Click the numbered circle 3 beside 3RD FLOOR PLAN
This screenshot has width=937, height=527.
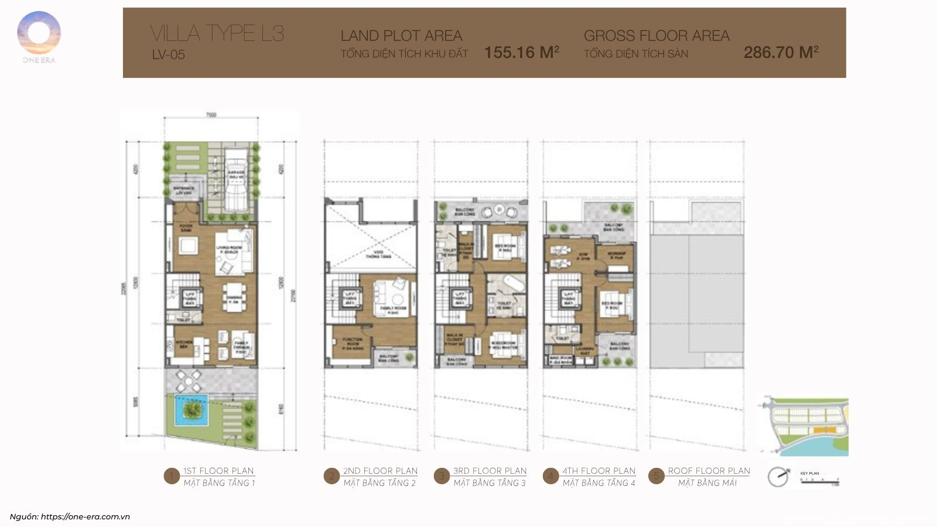point(442,476)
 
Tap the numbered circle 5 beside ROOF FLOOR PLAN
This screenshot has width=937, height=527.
point(656,476)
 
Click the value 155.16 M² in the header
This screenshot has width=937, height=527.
point(521,53)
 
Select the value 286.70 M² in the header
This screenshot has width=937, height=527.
point(781,53)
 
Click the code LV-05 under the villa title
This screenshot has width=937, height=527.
point(169,55)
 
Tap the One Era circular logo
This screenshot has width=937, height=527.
point(39,33)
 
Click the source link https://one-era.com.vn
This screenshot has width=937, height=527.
point(85,516)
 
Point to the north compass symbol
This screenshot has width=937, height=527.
point(778,477)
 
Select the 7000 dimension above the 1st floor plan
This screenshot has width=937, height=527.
point(211,115)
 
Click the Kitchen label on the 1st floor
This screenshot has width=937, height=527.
point(184,344)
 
